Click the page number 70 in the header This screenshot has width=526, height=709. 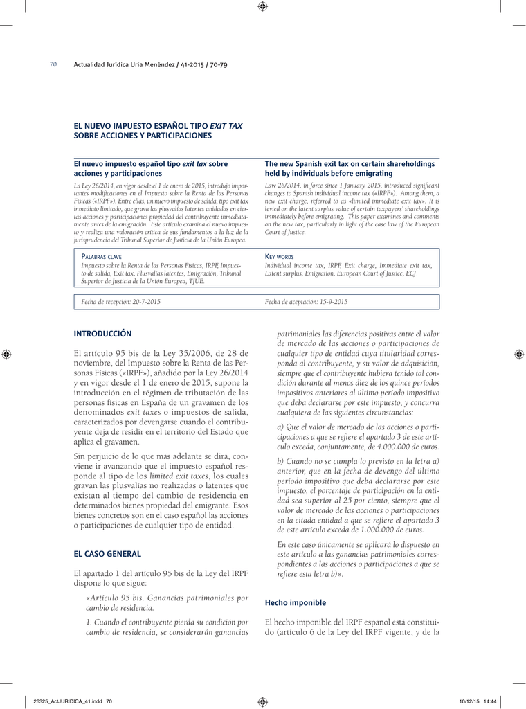[53, 65]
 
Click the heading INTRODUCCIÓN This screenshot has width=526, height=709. [102, 334]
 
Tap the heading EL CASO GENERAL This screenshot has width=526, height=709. [107, 554]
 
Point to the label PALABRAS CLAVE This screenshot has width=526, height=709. [102, 256]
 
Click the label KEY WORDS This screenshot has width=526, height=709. [279, 256]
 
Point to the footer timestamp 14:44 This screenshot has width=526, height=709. [490, 701]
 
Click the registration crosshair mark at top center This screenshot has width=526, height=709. [262, 7]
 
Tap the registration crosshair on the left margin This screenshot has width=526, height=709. [6, 354]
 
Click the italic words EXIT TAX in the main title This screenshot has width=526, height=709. [226, 127]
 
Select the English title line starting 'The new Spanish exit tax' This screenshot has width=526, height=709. [350, 164]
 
